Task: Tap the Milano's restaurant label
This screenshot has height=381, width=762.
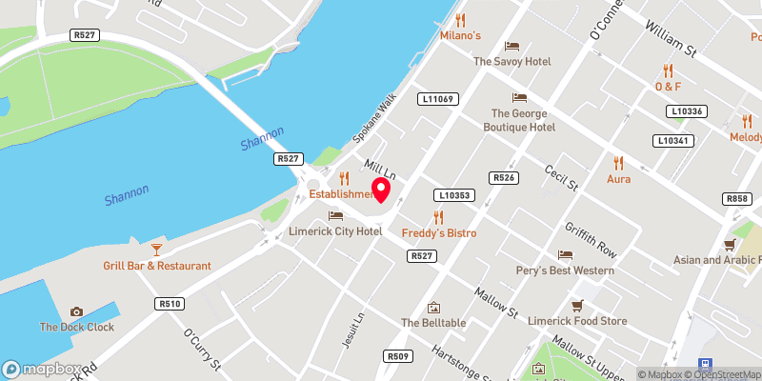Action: click(x=460, y=35)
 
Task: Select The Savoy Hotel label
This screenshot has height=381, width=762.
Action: click(x=512, y=61)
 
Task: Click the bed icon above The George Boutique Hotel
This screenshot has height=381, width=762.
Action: click(x=519, y=97)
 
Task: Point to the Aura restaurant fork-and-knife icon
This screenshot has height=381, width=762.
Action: click(x=618, y=162)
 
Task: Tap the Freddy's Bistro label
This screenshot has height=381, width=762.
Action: click(x=438, y=232)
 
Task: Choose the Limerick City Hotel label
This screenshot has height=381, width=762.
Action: click(x=335, y=231)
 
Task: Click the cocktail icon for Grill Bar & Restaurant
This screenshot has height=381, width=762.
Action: click(x=157, y=249)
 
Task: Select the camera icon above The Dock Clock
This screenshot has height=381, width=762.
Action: click(x=76, y=311)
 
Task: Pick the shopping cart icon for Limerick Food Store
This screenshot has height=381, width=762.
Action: click(x=575, y=306)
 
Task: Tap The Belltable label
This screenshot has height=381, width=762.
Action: click(x=433, y=323)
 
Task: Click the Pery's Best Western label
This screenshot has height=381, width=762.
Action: click(x=572, y=271)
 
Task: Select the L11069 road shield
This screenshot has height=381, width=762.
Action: click(x=438, y=98)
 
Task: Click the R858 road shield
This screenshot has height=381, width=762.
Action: click(x=736, y=199)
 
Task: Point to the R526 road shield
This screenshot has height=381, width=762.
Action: click(x=504, y=178)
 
